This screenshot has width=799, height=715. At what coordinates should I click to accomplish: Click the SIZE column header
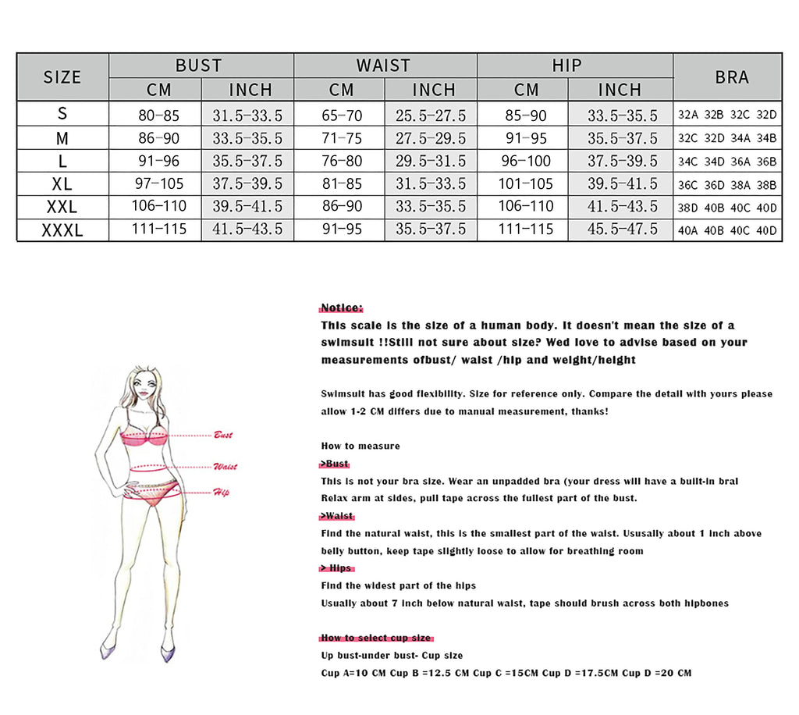click(62, 76)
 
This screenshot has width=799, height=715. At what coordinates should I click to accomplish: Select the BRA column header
click(731, 76)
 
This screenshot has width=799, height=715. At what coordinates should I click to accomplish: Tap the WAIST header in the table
click(384, 66)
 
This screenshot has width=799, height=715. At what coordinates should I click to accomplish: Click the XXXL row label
click(62, 229)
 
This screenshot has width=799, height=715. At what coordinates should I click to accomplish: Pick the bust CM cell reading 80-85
click(158, 115)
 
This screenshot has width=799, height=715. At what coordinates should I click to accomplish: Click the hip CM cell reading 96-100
click(525, 162)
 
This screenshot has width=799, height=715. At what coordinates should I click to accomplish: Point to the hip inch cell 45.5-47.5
click(622, 229)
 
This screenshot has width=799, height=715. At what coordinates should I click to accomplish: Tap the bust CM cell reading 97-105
click(158, 184)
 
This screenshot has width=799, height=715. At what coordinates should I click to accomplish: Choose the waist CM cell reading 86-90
click(342, 207)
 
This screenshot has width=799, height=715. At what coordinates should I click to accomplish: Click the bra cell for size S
click(727, 115)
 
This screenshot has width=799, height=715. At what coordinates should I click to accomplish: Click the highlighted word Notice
click(342, 308)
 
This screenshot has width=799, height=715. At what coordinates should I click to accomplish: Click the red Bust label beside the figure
click(223, 435)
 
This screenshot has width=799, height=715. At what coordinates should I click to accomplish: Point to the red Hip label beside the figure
click(222, 492)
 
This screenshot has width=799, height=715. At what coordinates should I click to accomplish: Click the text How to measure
click(360, 446)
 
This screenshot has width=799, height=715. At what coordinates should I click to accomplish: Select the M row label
click(62, 138)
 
